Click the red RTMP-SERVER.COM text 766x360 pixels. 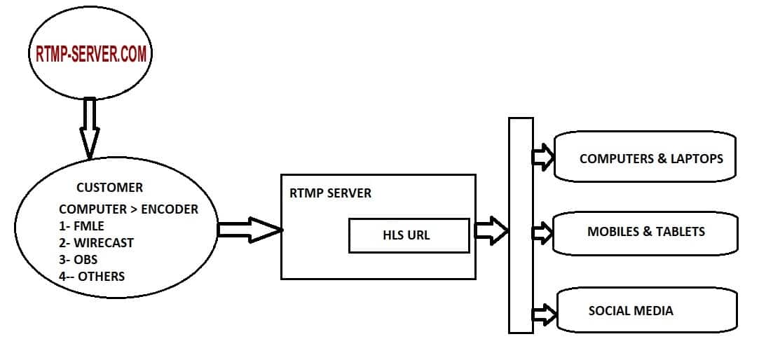click(x=91, y=54)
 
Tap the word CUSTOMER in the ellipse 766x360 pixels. click(x=109, y=188)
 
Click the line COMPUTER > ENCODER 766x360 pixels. click(x=128, y=209)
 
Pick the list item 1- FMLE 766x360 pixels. click(x=81, y=226)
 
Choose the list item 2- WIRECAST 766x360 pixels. click(x=96, y=243)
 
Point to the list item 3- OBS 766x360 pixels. click(x=78, y=260)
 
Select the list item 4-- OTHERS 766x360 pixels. click(x=92, y=277)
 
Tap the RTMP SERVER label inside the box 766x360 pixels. click(x=330, y=193)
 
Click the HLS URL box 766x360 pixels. click(x=409, y=235)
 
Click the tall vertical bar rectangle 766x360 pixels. click(x=521, y=224)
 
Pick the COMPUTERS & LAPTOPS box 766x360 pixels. click(x=645, y=158)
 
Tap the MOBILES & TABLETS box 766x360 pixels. click(x=645, y=232)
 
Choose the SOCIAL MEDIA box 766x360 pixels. click(x=645, y=310)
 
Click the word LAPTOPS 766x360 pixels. click(x=696, y=159)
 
